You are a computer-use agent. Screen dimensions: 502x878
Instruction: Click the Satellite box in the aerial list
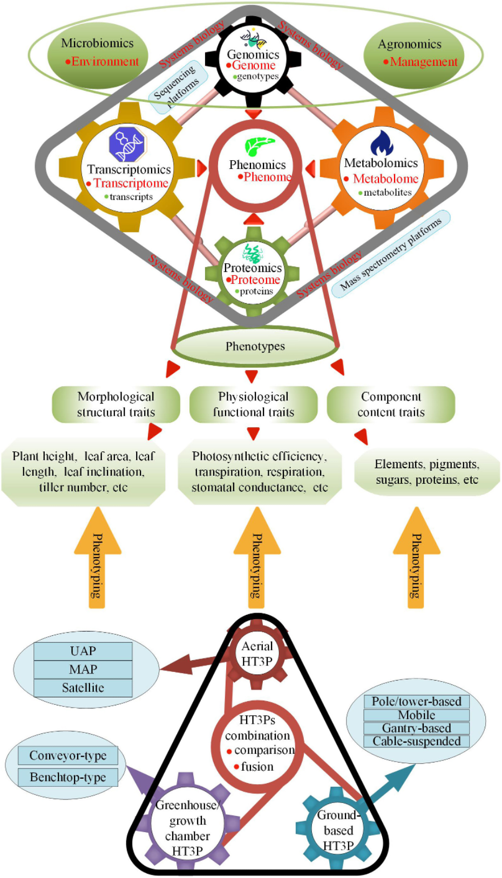(x=83, y=688)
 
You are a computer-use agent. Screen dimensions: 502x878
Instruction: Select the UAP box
(x=83, y=651)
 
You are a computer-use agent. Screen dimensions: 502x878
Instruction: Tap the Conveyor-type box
(x=68, y=756)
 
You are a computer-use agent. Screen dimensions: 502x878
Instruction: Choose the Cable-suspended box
(x=417, y=741)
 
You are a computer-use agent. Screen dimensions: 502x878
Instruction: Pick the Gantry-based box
(x=417, y=728)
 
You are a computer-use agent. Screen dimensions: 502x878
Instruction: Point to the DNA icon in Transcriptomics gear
(x=127, y=144)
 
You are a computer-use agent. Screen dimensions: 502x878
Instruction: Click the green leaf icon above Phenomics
(x=259, y=146)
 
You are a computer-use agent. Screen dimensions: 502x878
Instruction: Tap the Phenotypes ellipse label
(x=255, y=346)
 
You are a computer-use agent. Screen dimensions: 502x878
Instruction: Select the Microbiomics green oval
(x=98, y=55)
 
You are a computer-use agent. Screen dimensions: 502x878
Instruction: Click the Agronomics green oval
(x=414, y=56)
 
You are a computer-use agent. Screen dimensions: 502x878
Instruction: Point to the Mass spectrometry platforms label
(x=391, y=254)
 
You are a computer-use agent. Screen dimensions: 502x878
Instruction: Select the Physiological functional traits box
(x=253, y=404)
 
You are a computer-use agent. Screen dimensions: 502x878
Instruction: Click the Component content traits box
(x=391, y=404)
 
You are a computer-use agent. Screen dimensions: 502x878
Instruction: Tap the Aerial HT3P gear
(x=257, y=654)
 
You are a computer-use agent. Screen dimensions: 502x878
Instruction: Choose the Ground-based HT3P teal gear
(x=338, y=830)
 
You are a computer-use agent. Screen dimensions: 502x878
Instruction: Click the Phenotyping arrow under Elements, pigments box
(x=416, y=557)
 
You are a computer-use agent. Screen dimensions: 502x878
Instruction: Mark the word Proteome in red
(x=255, y=279)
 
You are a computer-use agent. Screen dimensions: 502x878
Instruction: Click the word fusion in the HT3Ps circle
(x=257, y=766)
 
